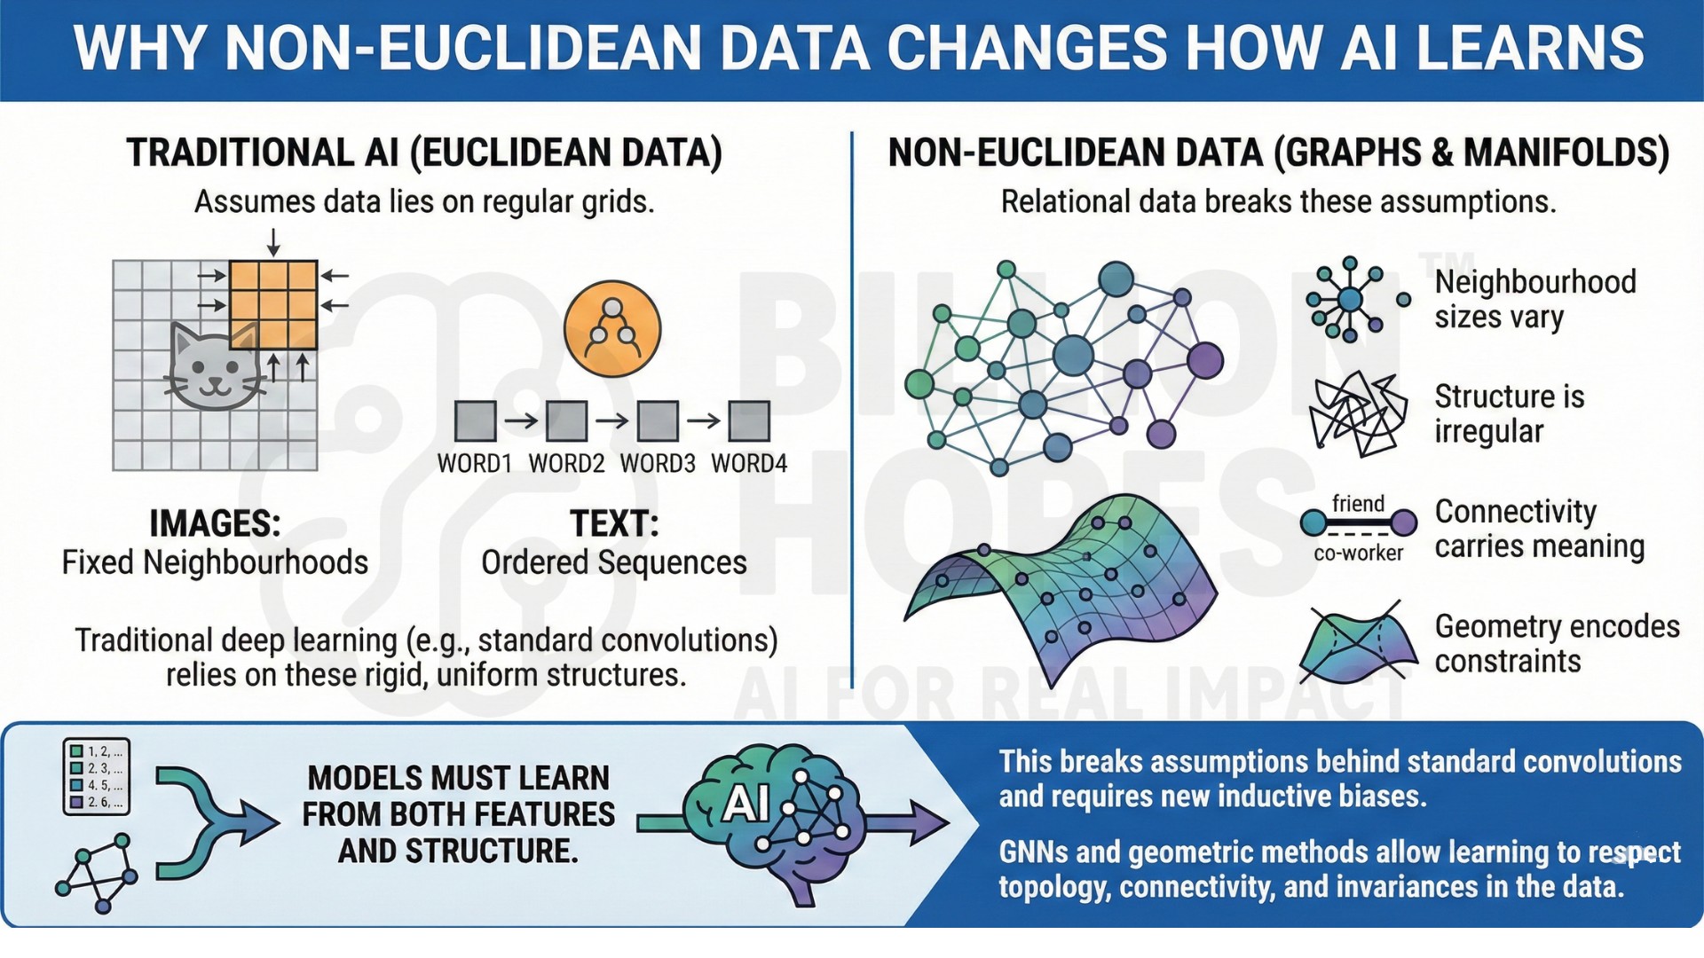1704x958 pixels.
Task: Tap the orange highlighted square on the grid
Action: (x=273, y=305)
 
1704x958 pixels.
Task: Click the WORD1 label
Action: (x=475, y=463)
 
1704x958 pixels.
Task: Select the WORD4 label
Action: (x=749, y=463)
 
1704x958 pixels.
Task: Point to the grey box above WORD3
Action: (x=658, y=420)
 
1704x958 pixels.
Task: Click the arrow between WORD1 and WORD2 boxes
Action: (x=522, y=420)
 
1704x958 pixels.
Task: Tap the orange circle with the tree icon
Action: (x=612, y=329)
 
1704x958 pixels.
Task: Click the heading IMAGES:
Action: (x=215, y=523)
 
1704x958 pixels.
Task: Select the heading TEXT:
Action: (x=614, y=523)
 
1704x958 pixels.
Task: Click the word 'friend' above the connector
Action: (x=1358, y=504)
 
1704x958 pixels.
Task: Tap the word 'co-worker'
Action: (x=1359, y=554)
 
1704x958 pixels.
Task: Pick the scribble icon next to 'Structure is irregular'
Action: (x=1359, y=413)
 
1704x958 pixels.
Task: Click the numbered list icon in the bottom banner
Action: (x=97, y=776)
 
